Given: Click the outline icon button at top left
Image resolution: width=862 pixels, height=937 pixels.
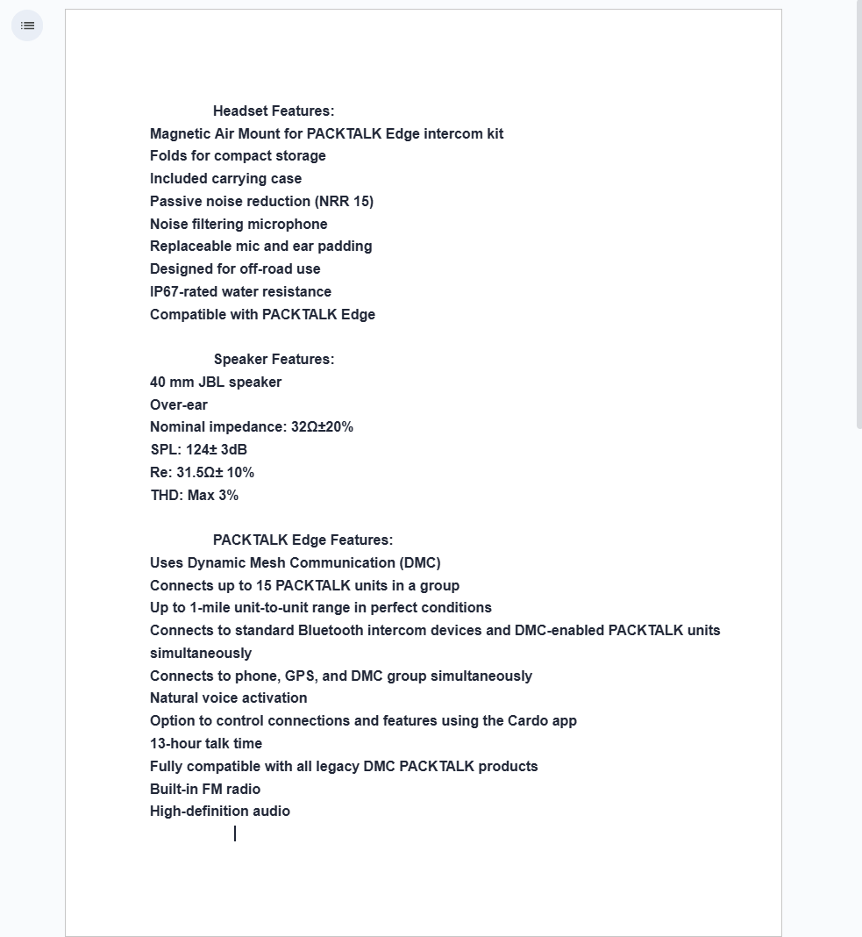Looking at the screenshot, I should point(27,25).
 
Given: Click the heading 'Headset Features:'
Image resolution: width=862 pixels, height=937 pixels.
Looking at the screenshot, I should point(274,111).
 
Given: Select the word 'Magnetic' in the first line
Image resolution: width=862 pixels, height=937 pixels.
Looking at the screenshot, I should point(180,134).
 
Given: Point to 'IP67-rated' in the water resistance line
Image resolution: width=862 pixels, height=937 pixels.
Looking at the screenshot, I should point(183,292).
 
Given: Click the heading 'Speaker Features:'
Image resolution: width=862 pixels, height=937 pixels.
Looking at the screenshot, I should point(274,360).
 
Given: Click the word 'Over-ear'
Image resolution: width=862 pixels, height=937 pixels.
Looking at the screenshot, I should point(179,405).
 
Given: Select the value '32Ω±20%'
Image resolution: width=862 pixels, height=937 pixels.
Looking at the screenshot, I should point(322,427).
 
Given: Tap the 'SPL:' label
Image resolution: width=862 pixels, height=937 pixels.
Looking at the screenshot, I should point(166,450).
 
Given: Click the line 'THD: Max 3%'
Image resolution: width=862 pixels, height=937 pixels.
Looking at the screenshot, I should point(194,496).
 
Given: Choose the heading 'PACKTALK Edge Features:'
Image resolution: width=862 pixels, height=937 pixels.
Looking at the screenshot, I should point(303,540).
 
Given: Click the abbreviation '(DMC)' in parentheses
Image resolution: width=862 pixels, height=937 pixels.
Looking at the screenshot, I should point(419,563).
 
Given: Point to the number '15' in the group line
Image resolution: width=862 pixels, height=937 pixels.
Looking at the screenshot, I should point(264,586).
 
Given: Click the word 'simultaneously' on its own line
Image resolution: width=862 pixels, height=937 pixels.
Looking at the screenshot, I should point(201,654).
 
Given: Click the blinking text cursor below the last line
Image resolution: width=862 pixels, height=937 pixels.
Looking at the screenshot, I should point(235,833).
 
